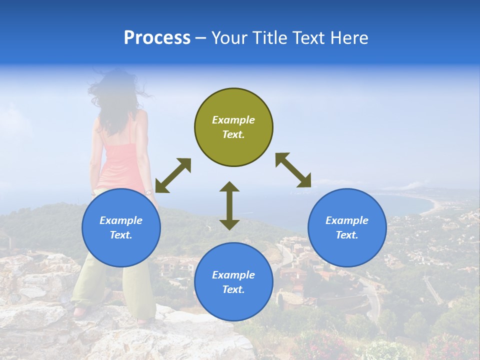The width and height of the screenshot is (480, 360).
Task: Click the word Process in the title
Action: [x=157, y=38]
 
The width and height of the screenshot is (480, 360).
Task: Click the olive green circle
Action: [x=233, y=127]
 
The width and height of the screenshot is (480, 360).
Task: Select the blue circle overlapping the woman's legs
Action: [x=121, y=227]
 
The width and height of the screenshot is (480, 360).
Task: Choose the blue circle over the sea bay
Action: [x=347, y=227]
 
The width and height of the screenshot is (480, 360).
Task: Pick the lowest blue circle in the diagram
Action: [x=233, y=281]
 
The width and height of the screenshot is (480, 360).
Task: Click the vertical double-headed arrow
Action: [x=229, y=205]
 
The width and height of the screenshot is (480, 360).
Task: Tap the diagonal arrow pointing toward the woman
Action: [x=173, y=175]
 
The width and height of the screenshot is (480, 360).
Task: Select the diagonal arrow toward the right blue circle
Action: [x=293, y=170]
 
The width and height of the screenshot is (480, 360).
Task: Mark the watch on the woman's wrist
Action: [x=148, y=192]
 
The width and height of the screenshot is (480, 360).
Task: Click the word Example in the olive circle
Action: [x=233, y=120]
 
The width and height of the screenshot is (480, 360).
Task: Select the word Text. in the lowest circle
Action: [x=233, y=289]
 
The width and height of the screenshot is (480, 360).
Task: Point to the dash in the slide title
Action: [x=201, y=38]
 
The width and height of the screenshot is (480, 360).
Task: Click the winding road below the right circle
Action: [x=372, y=300]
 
